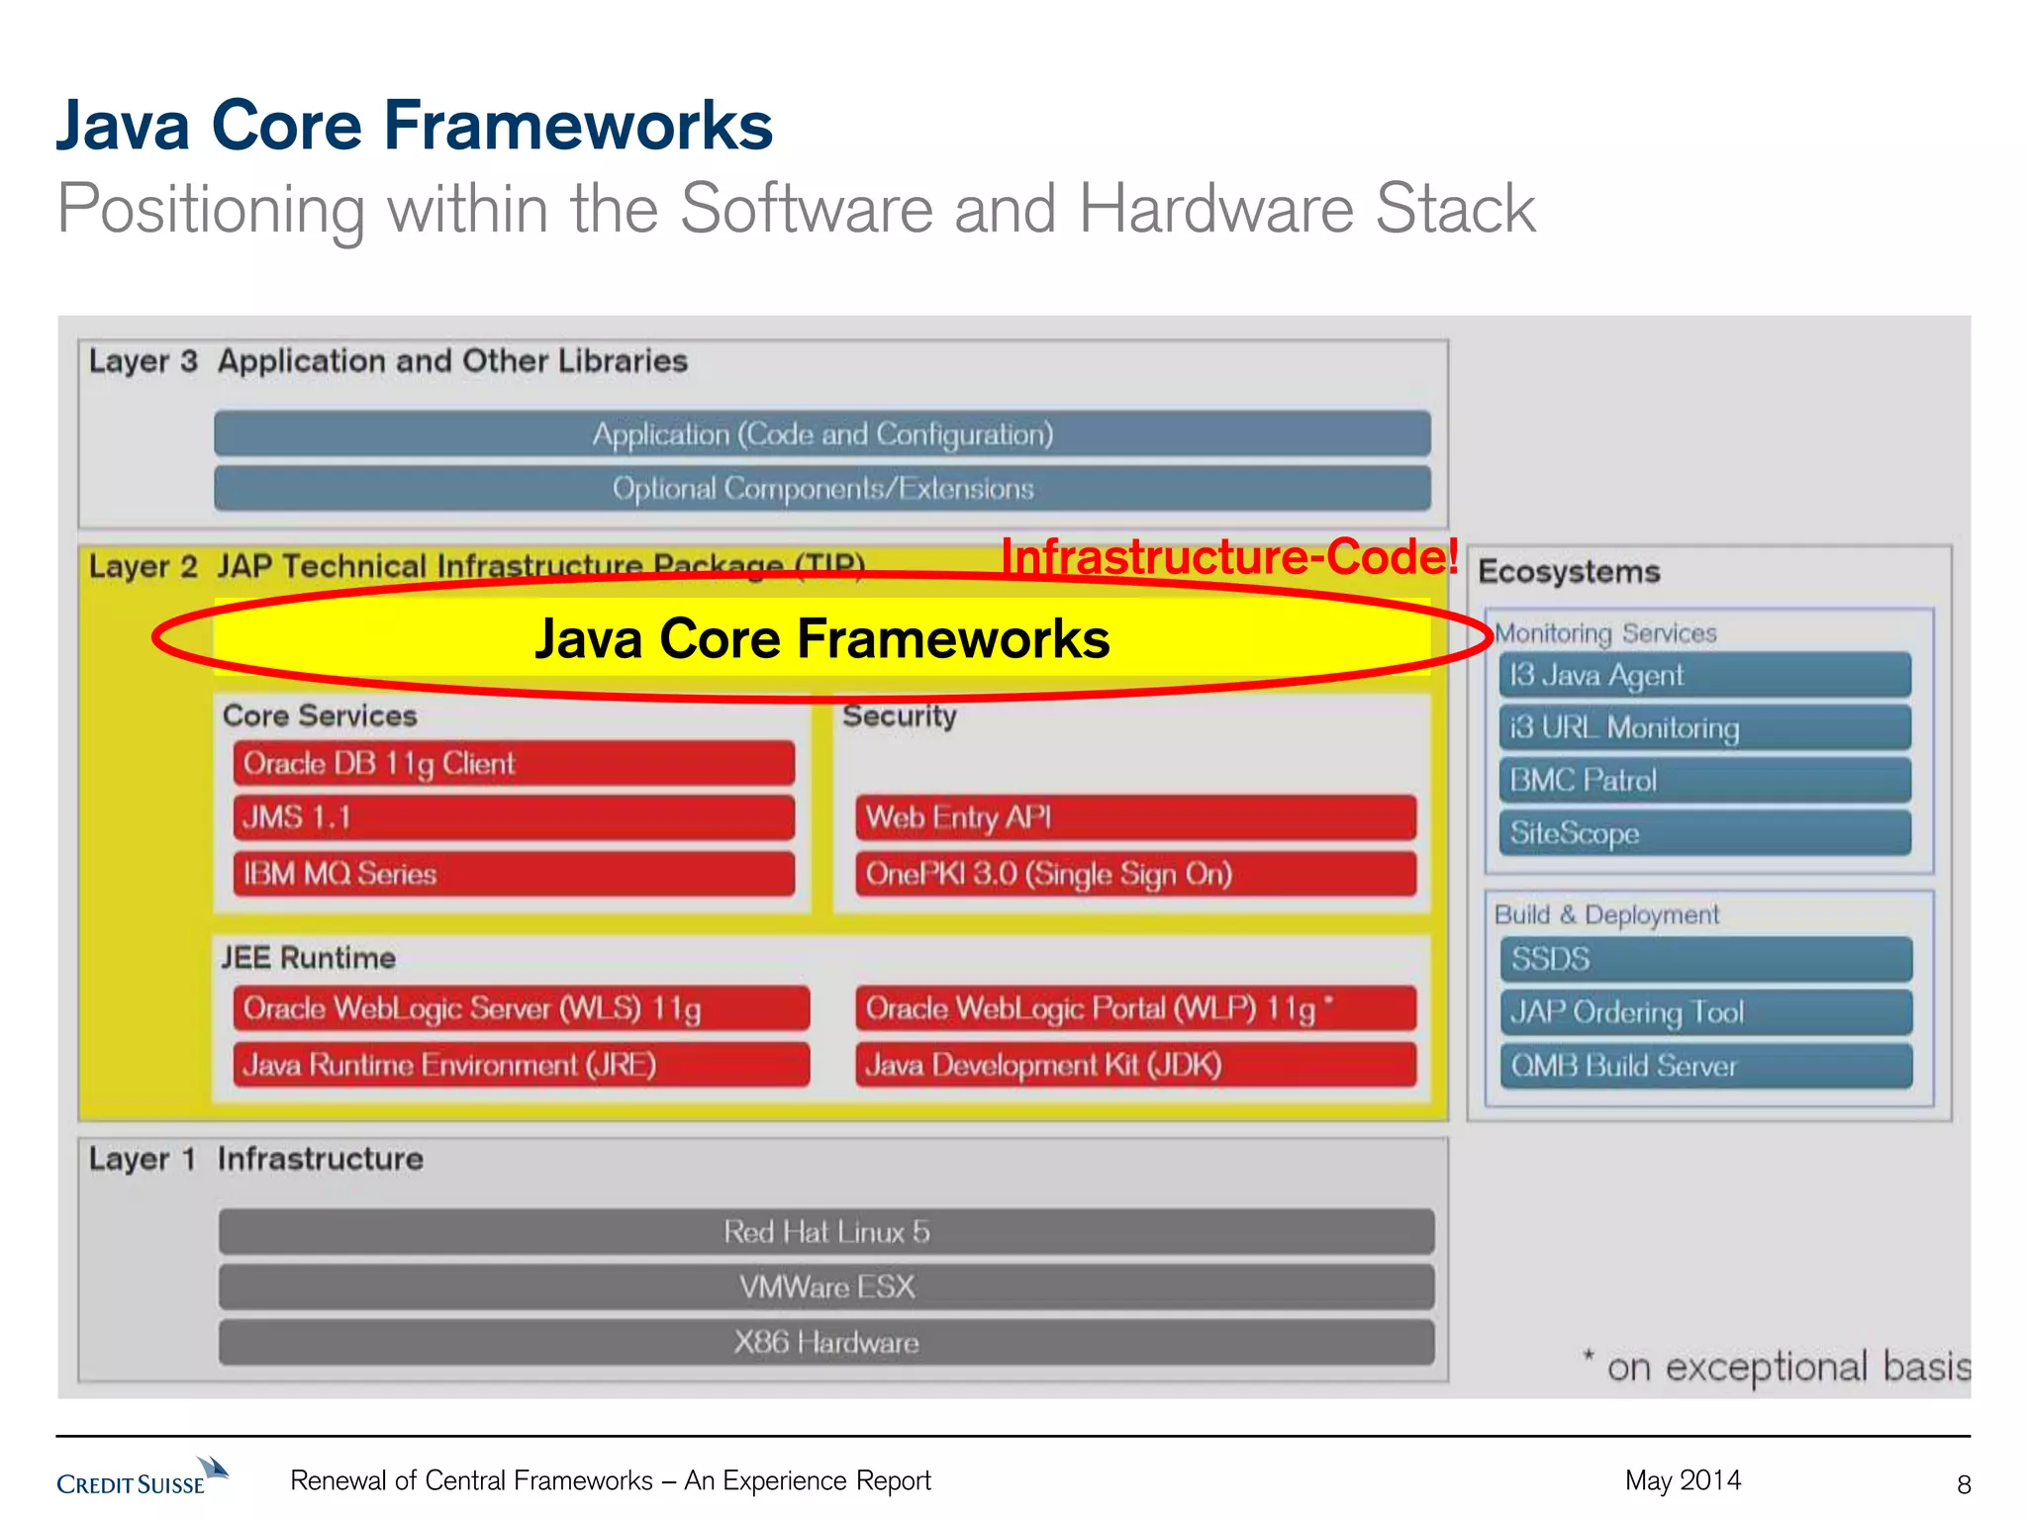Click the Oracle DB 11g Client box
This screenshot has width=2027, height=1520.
tap(514, 763)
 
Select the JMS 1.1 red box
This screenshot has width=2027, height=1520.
tap(514, 817)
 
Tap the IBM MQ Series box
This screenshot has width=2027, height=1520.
tap(514, 874)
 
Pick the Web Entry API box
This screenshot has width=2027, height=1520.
tap(1135, 817)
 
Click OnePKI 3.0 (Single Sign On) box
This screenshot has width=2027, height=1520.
tap(1135, 874)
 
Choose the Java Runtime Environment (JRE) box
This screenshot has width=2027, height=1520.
tap(522, 1065)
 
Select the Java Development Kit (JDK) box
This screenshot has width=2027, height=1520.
tap(1135, 1065)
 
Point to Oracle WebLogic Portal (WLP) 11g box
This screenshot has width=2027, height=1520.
tap(1135, 1008)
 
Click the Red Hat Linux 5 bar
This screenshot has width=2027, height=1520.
tap(826, 1232)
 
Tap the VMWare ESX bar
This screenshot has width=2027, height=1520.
tap(826, 1286)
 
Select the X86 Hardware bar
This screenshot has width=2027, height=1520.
tap(826, 1342)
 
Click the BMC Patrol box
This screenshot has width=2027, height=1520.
tap(1704, 780)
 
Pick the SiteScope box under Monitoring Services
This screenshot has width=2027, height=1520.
tap(1704, 833)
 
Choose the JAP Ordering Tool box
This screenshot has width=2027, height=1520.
tap(1705, 1012)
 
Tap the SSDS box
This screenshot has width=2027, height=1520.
tap(1705, 959)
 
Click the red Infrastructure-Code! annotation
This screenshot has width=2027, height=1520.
tap(1229, 556)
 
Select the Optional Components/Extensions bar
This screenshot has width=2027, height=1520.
tap(822, 489)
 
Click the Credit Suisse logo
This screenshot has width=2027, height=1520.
tap(141, 1477)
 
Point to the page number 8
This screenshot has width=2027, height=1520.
tap(1964, 1483)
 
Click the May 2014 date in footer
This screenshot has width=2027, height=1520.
tap(1683, 1480)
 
